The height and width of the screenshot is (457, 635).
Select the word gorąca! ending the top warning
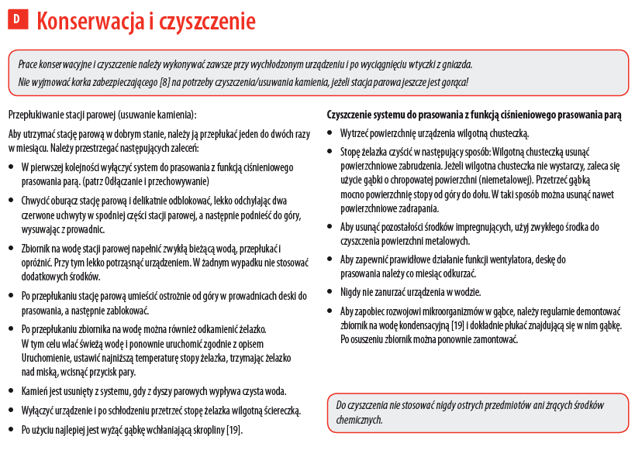[454, 82]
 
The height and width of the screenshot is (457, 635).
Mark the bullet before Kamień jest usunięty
[11, 392]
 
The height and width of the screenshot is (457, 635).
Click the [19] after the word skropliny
[234, 429]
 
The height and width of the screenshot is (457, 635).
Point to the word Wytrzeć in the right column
[356, 133]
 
